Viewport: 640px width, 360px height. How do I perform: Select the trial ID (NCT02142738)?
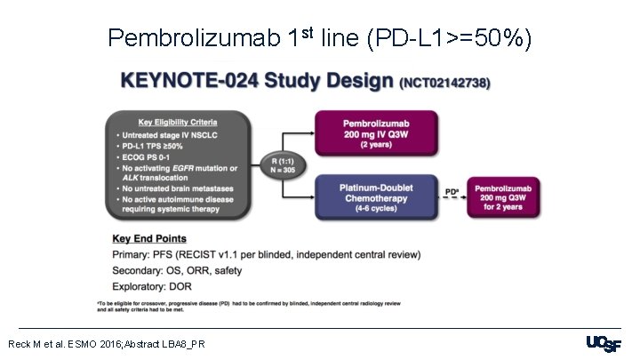coord(447,84)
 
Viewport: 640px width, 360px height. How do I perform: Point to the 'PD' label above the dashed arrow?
coord(451,189)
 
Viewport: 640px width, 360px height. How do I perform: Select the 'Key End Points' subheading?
coord(149,239)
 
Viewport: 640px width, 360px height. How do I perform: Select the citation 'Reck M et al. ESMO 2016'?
coord(107,343)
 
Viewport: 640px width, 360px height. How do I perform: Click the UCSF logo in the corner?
coord(604,344)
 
